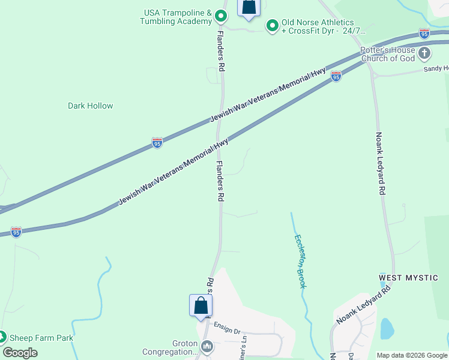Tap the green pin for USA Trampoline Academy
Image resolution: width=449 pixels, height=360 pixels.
point(221,16)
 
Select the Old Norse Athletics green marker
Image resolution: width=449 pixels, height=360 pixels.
point(272,25)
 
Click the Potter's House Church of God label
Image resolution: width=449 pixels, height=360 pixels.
point(387,54)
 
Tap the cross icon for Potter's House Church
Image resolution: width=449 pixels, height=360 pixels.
point(424,54)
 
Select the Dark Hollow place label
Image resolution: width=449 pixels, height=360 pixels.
point(90,106)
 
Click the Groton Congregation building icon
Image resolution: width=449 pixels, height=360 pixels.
point(207,346)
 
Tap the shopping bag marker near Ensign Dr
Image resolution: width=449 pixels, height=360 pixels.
point(200,306)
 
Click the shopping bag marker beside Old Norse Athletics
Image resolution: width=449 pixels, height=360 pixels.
point(249,7)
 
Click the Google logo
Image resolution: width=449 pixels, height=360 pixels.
point(20,352)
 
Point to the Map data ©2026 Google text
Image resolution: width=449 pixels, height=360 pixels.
point(412,355)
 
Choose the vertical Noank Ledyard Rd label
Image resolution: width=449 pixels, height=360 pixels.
point(380,163)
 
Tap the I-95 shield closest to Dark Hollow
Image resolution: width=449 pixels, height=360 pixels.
point(157,143)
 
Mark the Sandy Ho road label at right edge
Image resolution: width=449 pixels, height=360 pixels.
point(436,69)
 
